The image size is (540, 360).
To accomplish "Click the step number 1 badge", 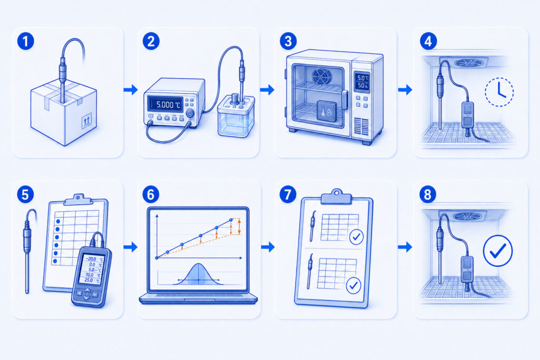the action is [x=25, y=41].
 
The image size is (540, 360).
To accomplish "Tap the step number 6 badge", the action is [x=150, y=194].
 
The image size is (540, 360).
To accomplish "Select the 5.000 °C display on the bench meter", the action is [x=165, y=104].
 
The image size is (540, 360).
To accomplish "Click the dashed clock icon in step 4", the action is [x=499, y=92].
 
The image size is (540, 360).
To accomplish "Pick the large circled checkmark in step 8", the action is [x=498, y=250].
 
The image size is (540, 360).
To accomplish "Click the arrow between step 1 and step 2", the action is [x=131, y=90].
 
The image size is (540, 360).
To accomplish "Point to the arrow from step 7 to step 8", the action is [x=405, y=247].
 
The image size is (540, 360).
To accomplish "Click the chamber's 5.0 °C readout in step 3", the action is [x=362, y=78].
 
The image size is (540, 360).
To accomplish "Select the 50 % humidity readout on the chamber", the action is [x=362, y=85].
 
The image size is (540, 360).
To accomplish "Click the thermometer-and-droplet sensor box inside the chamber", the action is [x=326, y=111].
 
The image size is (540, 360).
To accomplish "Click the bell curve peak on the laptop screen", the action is [x=199, y=264].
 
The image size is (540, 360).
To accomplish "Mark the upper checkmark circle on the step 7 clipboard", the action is [x=356, y=237].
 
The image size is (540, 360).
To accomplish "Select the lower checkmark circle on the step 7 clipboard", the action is [x=353, y=285].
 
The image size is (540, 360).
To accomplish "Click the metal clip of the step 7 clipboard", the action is [x=336, y=197].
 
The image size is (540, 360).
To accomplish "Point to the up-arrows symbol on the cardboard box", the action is [x=86, y=121].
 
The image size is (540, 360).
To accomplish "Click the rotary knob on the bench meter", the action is [x=190, y=113].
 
